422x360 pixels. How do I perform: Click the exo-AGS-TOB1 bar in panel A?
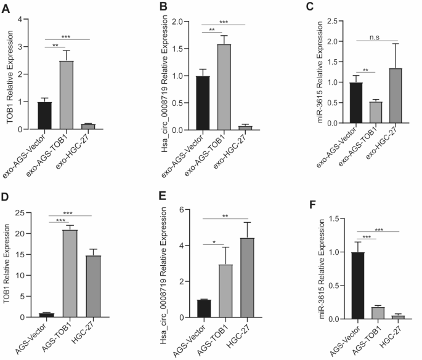coord(67,95)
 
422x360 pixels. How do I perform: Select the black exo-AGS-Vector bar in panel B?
coord(203,103)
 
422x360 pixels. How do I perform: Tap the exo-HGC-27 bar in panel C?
coord(396,96)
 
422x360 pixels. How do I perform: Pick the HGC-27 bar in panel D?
coord(94,286)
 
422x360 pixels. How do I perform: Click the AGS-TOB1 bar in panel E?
coord(225,291)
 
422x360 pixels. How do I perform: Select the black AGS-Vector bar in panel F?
coord(358,286)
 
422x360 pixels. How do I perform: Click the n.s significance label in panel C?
coord(375,37)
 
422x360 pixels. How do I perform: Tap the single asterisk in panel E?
coord(214,242)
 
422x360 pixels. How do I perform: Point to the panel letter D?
coord(5,197)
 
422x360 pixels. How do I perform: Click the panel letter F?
coord(313,204)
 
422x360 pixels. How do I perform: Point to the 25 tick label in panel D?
coord(20,213)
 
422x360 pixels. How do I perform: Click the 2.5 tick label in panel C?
coord(332,21)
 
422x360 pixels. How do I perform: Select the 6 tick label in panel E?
coord(181,210)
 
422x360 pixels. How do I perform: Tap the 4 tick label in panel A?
coord(20,19)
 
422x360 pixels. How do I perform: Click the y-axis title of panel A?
coord(10,77)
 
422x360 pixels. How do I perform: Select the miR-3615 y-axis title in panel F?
coord(322,269)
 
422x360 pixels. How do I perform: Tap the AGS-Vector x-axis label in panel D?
coord(31,338)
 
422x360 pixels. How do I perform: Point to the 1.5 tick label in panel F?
coord(334,219)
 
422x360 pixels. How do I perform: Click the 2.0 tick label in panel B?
coord(177,22)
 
